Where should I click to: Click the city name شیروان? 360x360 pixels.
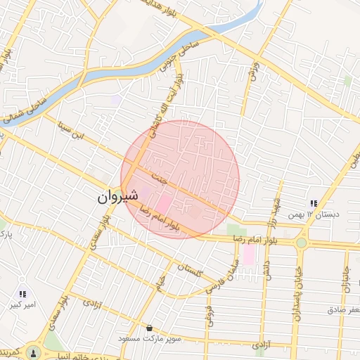[x=112, y=199]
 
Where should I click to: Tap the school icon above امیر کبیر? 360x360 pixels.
[x=22, y=294]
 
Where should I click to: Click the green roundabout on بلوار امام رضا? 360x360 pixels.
[x=302, y=243]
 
